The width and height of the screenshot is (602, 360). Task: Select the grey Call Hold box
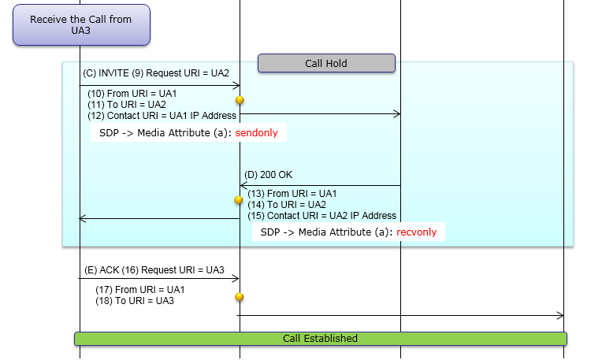tap(326, 63)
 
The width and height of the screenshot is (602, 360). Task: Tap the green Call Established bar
tap(320, 339)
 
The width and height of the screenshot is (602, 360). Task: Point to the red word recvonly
tap(418, 232)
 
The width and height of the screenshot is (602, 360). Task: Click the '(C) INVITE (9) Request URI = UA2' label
tap(155, 73)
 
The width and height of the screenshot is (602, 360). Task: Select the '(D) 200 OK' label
tap(269, 174)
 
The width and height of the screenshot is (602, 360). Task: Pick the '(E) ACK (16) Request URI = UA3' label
tap(154, 270)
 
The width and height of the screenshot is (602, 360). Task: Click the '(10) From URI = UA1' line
tap(126, 94)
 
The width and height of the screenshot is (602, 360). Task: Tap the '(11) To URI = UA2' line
tap(126, 105)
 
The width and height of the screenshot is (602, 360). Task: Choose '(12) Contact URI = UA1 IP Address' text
tap(162, 116)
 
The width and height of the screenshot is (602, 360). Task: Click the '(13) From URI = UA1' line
tap(292, 194)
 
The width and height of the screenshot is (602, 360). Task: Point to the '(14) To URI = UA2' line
tap(287, 205)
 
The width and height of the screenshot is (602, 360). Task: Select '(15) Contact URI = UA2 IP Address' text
tap(322, 216)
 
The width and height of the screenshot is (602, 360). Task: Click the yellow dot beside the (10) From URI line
tap(240, 100)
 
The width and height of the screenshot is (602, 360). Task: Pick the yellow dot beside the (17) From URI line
tap(240, 297)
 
